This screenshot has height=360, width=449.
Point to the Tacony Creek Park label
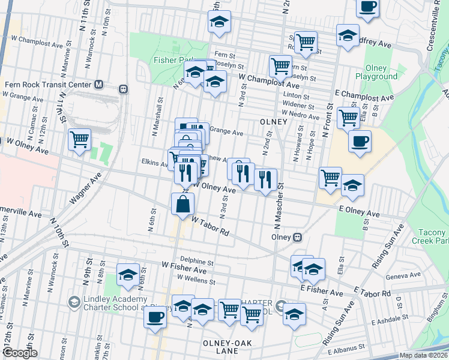(429, 236)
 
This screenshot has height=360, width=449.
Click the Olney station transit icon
(297, 237)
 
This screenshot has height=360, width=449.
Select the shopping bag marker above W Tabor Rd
(182, 203)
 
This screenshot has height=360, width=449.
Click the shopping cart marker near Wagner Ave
(79, 140)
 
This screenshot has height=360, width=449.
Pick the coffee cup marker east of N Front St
(360, 142)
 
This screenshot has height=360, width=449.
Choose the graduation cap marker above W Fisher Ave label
(128, 275)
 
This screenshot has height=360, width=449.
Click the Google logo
(20, 353)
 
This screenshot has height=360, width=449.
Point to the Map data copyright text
(423, 355)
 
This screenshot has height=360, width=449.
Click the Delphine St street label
(196, 262)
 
